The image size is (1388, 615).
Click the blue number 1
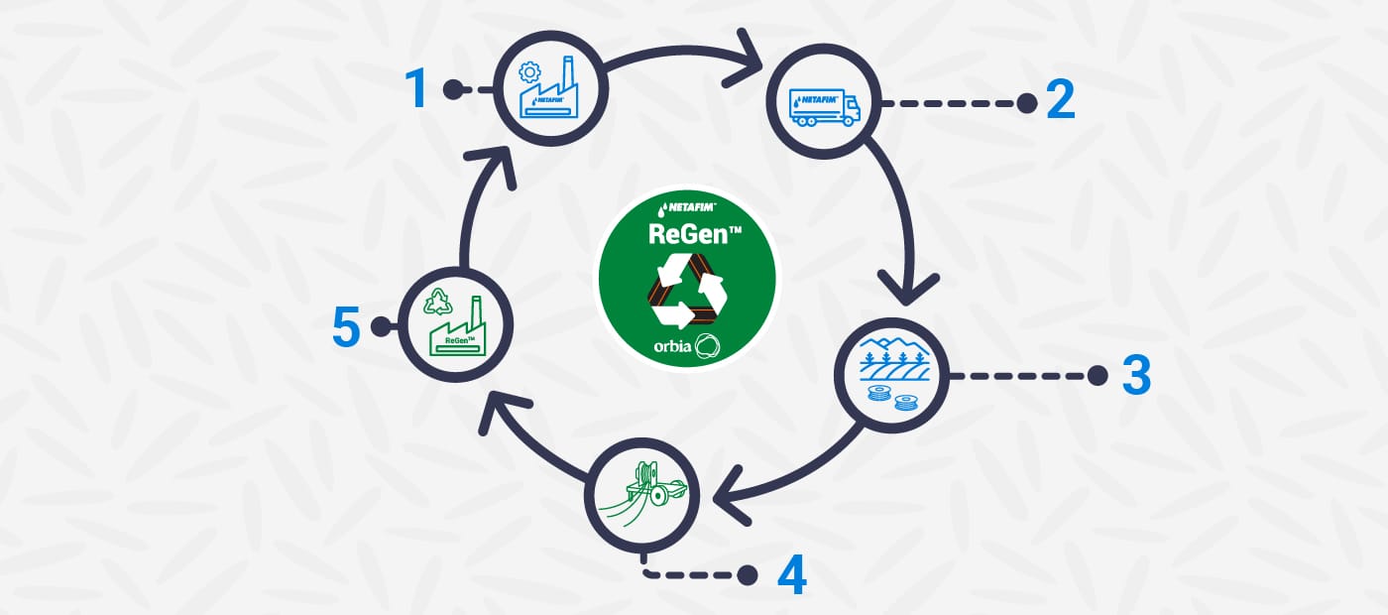click(418, 89)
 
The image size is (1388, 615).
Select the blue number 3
click(1136, 375)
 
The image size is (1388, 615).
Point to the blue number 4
click(791, 574)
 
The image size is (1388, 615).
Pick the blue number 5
click(346, 326)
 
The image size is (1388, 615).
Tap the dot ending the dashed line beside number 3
click(1098, 375)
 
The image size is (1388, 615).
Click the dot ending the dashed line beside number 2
click(1026, 102)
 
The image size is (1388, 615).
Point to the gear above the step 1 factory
click(531, 71)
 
